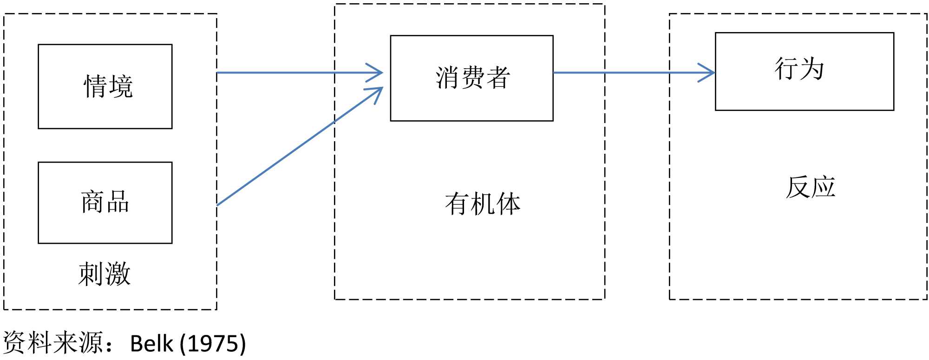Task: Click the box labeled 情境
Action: point(105,86)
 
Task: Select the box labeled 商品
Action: point(105,203)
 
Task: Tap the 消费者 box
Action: point(471,78)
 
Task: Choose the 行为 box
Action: point(804,71)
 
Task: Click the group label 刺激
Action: point(105,274)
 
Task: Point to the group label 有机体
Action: point(483,204)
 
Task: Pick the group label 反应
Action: point(811,187)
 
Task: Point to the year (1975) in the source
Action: point(213,344)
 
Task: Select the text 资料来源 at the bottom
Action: point(53,343)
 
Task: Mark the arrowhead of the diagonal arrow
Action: point(377,92)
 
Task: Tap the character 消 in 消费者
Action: point(447,78)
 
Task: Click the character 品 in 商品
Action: point(118,202)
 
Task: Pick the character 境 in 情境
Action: point(121,86)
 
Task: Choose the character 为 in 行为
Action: point(812,69)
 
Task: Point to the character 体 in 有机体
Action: point(509,204)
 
